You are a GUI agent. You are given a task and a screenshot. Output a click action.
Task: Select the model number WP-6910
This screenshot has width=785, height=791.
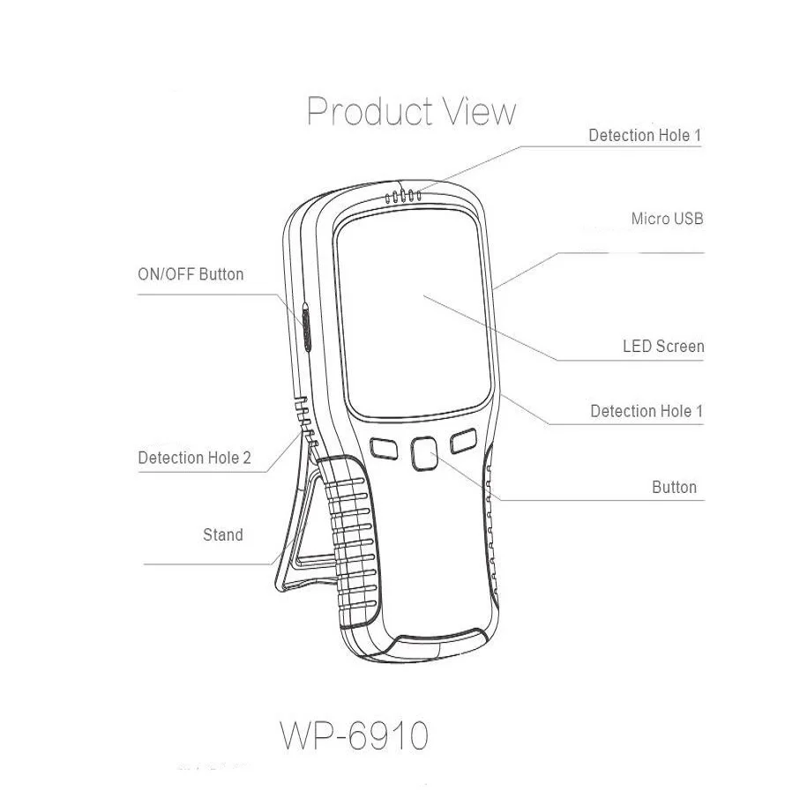[355, 735]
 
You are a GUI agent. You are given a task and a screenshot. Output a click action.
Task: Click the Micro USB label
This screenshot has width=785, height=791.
[667, 219]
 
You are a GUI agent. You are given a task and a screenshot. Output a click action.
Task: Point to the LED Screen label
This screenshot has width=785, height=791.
[663, 346]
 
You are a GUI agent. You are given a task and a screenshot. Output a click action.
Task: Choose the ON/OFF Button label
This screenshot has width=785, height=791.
[191, 274]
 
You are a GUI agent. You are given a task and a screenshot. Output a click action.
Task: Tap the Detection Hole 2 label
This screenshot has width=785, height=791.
[194, 458]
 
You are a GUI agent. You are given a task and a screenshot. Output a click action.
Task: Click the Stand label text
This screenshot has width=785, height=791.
[223, 534]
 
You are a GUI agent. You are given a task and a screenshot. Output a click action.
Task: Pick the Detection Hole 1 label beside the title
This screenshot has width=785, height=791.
[645, 135]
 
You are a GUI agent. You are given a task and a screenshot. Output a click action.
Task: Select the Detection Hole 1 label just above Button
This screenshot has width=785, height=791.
[647, 411]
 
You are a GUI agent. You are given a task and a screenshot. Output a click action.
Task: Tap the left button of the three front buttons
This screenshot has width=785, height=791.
[384, 448]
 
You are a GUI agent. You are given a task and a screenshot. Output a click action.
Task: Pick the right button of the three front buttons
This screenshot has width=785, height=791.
[464, 440]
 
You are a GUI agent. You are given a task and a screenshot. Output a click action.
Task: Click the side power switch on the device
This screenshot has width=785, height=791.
[306, 326]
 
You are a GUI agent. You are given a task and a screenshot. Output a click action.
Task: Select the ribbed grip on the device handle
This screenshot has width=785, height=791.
[352, 545]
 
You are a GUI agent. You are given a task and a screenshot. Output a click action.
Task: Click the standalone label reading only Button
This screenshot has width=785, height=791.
[674, 487]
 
